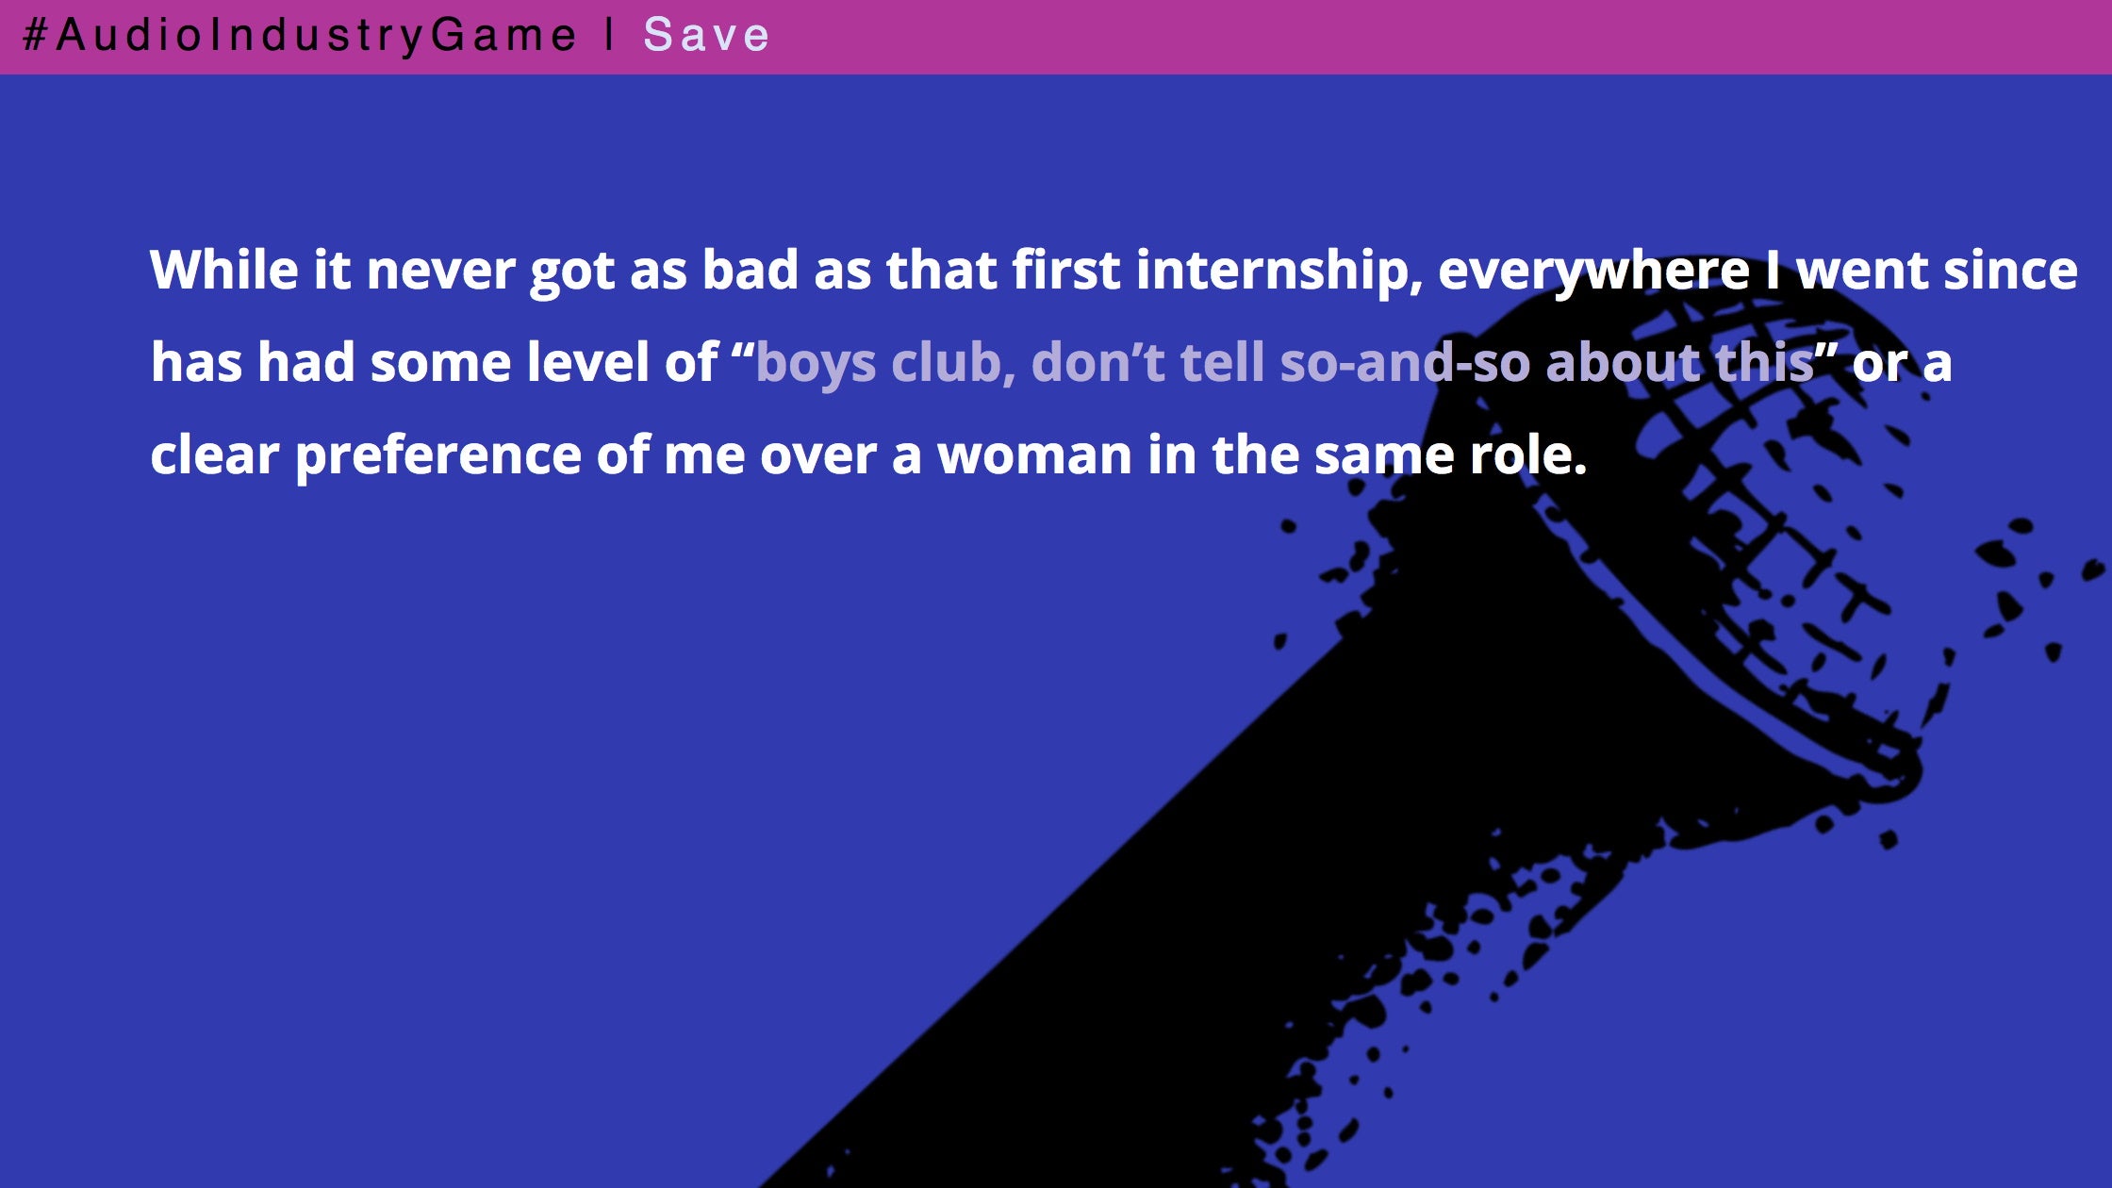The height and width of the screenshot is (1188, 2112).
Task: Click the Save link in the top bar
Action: pos(706,36)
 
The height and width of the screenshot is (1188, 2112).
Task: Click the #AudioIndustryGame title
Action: pos(299,36)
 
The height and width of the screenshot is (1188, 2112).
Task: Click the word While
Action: pos(224,270)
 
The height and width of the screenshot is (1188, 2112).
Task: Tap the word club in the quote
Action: pos(953,363)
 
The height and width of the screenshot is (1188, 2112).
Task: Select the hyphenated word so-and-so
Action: pos(1405,363)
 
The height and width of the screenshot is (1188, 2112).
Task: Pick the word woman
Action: pos(1034,455)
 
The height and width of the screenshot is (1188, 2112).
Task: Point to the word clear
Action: pos(215,455)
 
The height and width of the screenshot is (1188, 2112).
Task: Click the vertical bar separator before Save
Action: pos(610,35)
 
